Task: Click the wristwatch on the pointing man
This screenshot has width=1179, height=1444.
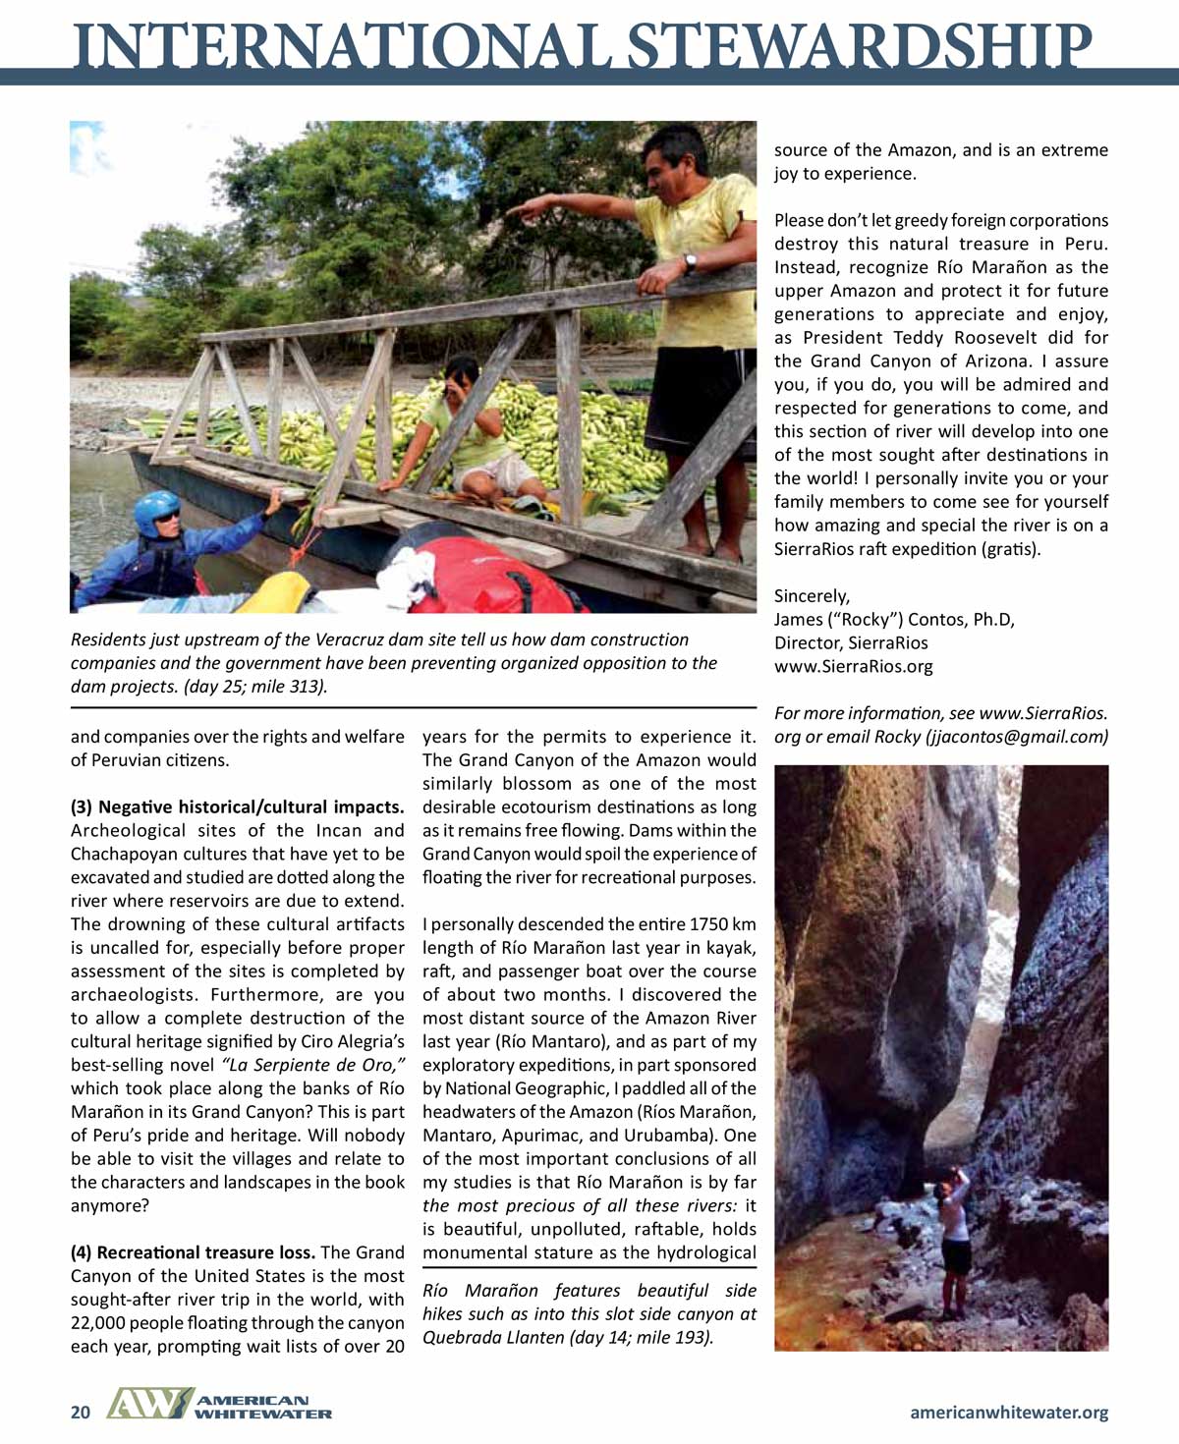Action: [691, 262]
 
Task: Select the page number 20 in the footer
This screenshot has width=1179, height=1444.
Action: [81, 1413]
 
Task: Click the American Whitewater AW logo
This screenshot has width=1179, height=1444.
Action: [147, 1405]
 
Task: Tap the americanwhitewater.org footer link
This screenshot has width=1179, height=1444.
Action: [1009, 1413]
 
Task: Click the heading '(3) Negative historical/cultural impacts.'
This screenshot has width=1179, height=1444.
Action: [237, 806]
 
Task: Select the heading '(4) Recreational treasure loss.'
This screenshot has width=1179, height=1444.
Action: [193, 1252]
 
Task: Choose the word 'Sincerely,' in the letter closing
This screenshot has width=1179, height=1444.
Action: [812, 596]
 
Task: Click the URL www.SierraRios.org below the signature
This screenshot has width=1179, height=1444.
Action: [853, 667]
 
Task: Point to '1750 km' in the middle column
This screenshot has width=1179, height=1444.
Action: [723, 924]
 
